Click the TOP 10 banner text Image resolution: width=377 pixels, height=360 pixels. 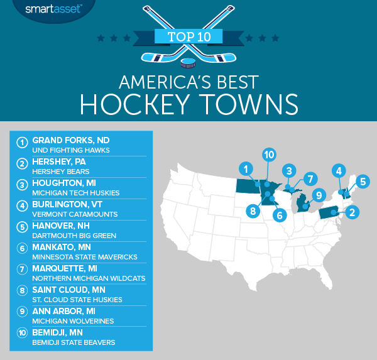pos(188,36)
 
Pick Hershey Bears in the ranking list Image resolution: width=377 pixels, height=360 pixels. pos(62,170)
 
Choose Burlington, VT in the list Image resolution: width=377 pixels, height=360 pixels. pos(65,204)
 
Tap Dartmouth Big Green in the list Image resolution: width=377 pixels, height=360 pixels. pos(74,235)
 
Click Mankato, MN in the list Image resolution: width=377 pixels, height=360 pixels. pos(62,247)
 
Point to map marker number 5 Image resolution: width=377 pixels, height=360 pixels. pos(363,182)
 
